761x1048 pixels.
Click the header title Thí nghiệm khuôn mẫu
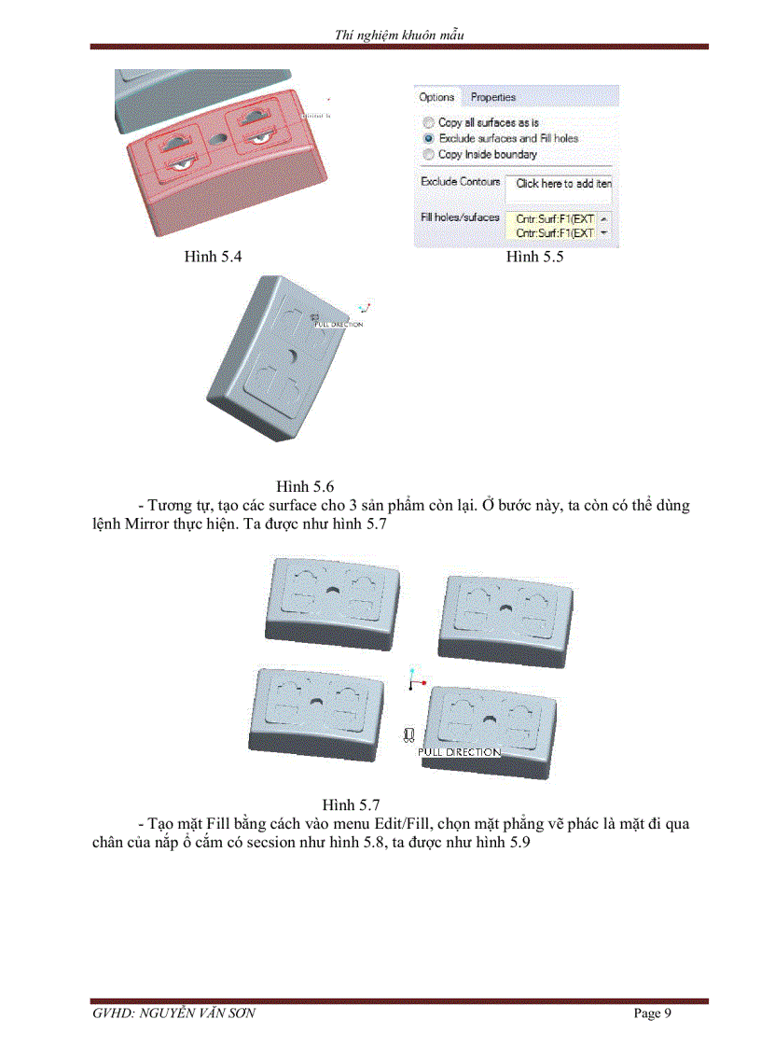coord(399,35)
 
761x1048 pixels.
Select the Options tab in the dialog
coord(436,97)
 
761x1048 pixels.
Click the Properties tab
coord(492,97)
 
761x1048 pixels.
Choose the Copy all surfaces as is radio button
coord(428,122)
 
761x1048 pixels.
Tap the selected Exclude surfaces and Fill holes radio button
coord(428,138)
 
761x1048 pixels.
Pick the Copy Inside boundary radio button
coord(428,154)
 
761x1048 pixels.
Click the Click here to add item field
coord(562,184)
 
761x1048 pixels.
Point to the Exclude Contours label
coord(460,182)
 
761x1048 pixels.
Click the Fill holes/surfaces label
coord(460,217)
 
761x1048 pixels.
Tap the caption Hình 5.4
coord(214,257)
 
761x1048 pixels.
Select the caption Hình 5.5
coord(534,257)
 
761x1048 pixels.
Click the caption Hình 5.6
coord(305,486)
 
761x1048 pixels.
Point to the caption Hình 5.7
coord(351,803)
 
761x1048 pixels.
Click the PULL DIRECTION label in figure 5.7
coord(459,751)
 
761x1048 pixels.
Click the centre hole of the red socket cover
coord(220,137)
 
